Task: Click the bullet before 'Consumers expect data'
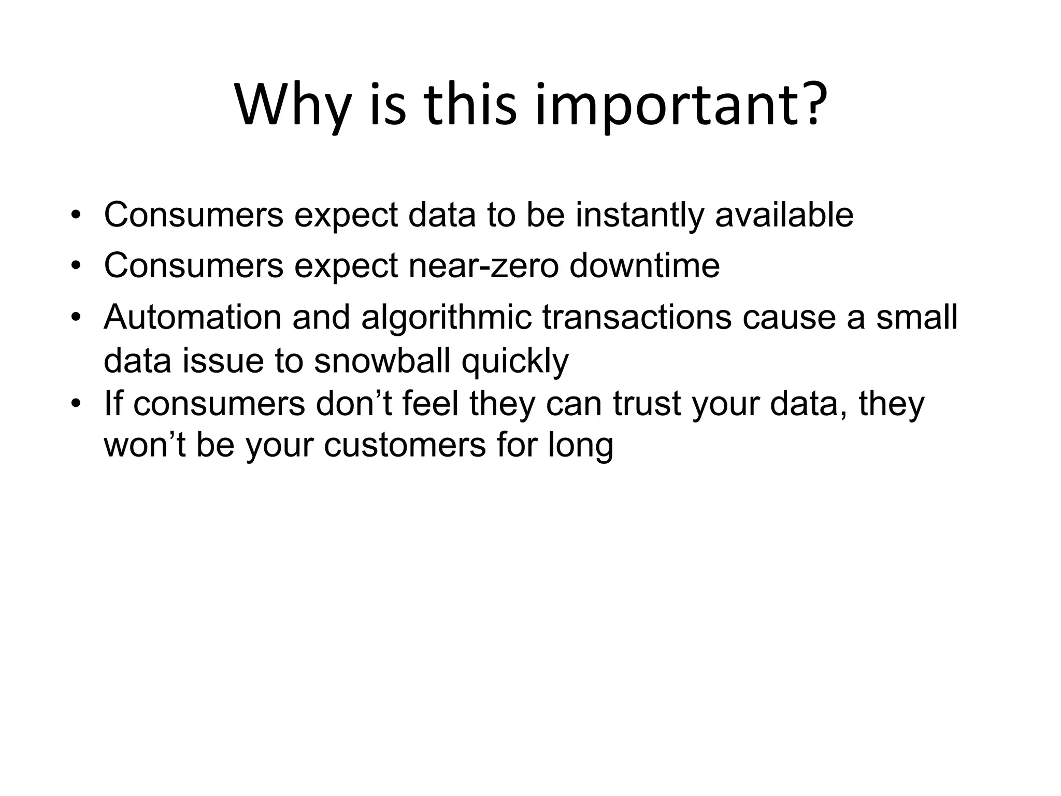pos(76,215)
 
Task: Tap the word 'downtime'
pos(644,265)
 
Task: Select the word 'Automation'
pos(192,317)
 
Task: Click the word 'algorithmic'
pos(446,318)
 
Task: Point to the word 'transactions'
pos(637,317)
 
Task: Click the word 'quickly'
pos(515,362)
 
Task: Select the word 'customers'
pos(405,446)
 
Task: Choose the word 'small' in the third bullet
pos(916,317)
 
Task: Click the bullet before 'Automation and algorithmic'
pos(76,317)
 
